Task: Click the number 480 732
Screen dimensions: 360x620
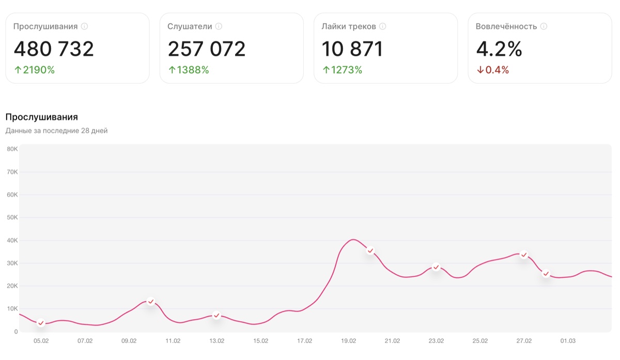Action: [x=54, y=49]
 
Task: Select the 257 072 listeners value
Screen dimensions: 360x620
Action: [x=207, y=49]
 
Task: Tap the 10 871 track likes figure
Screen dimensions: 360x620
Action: [x=352, y=49]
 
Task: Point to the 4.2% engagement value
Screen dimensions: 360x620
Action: [x=499, y=49]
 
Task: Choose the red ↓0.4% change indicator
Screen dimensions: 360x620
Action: [x=492, y=70]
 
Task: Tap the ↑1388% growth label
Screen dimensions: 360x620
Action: [x=189, y=70]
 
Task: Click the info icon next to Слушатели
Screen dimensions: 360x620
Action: [x=219, y=26]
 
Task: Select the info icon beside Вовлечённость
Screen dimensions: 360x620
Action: [x=544, y=26]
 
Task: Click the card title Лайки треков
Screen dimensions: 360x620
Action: [x=348, y=26]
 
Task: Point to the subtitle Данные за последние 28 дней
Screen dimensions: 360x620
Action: [x=56, y=131]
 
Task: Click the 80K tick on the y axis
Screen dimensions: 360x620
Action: [x=12, y=149]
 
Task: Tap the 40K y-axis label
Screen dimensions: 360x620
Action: [x=12, y=241]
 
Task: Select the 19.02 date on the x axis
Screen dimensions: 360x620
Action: [x=349, y=341]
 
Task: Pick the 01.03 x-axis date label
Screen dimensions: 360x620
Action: [x=568, y=341]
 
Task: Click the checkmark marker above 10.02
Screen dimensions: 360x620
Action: [x=151, y=301]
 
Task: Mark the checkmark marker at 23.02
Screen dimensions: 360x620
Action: [x=436, y=267]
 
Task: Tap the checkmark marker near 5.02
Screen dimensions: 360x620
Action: [x=41, y=323]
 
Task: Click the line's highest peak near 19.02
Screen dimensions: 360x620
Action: [x=352, y=240]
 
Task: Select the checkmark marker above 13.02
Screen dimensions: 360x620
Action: [x=216, y=315]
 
